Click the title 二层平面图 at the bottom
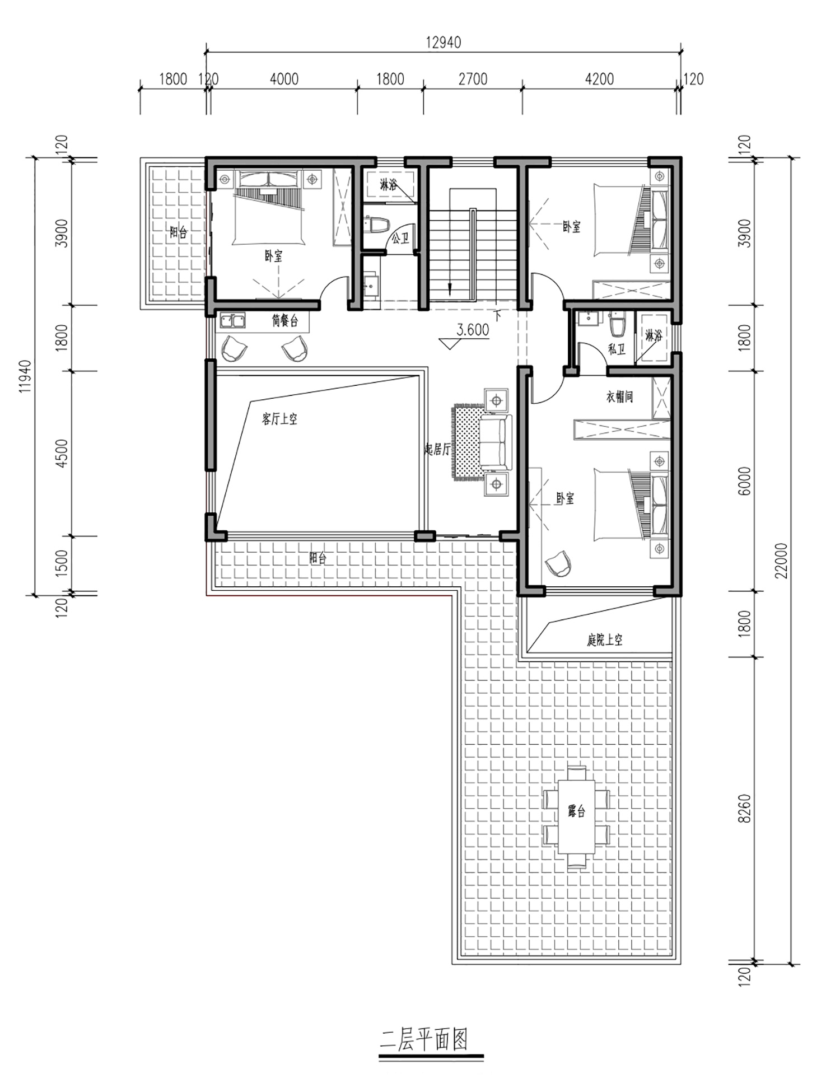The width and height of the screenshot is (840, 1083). [x=424, y=1040]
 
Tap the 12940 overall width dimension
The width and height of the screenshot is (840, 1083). [x=444, y=43]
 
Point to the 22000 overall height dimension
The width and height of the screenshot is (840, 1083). [x=782, y=561]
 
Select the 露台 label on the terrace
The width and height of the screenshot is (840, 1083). [x=576, y=810]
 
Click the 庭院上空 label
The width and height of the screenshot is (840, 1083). [x=605, y=640]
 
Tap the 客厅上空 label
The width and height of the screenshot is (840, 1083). [x=279, y=418]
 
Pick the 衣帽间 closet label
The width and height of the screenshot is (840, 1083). [x=619, y=397]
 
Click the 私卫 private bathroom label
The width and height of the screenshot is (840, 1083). [x=617, y=349]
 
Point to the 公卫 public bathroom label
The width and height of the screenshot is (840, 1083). [x=400, y=239]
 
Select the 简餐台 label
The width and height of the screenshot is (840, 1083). [x=285, y=321]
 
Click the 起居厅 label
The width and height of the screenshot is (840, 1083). [x=437, y=449]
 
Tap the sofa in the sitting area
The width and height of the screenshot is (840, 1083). [x=496, y=442]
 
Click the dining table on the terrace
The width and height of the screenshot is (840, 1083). [x=576, y=817]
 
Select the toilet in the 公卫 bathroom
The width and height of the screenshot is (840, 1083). [x=377, y=225]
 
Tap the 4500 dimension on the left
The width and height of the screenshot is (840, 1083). [x=62, y=454]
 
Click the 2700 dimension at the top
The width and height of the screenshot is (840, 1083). [x=473, y=80]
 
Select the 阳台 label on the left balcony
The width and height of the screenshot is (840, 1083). [x=179, y=232]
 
